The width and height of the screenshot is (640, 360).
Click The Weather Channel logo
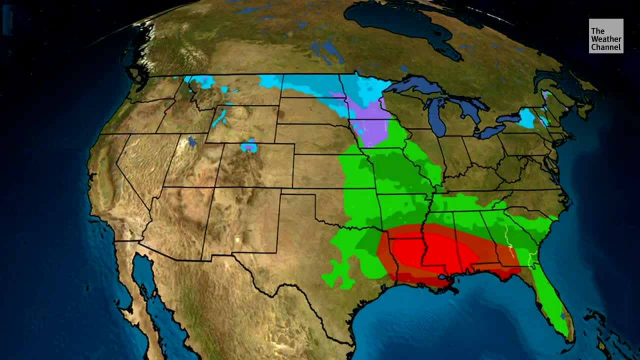[x=605, y=36]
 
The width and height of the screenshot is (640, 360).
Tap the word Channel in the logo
[x=605, y=47]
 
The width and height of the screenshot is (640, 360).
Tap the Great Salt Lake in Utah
[x=192, y=142]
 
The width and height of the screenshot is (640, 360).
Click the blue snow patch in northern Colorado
[x=248, y=147]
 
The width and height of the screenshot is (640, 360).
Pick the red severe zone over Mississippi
[x=430, y=252]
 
